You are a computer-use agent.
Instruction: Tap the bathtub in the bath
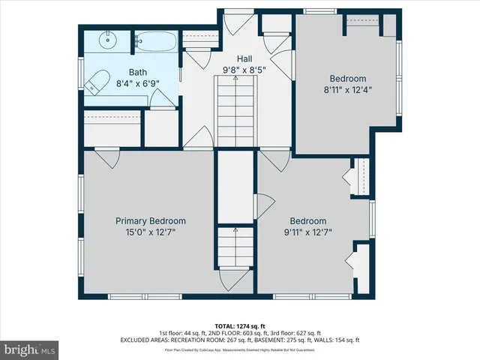click(155, 41)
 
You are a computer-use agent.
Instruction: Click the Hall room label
click(245, 58)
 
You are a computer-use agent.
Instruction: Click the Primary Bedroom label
click(150, 221)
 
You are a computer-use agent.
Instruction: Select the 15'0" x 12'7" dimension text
click(150, 232)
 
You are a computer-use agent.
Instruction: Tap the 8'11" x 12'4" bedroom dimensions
click(348, 89)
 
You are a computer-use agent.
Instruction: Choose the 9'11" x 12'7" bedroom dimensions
click(308, 232)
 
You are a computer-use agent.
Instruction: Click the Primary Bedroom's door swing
click(106, 158)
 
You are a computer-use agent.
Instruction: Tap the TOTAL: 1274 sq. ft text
click(240, 326)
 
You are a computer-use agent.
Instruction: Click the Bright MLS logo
click(30, 349)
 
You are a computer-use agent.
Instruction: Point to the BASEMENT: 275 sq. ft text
click(286, 340)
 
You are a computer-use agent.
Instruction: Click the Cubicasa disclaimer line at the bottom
click(240, 349)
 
